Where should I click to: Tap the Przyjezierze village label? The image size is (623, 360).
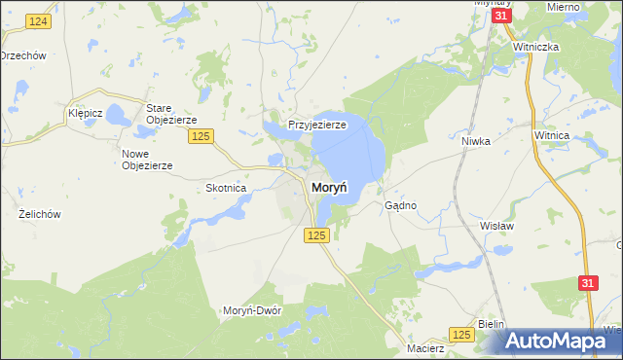coord(317,125)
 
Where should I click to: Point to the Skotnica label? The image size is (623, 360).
coord(226,188)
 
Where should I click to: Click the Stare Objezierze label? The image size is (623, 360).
coord(171,113)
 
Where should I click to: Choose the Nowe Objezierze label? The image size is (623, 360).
coord(147,160)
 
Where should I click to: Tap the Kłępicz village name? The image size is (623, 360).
coord(86,113)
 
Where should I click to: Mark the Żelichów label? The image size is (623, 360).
coord(40,213)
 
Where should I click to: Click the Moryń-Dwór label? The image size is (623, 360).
coord(252,310)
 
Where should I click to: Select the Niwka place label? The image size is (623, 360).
coord(475,140)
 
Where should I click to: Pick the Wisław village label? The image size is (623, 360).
coord(495,225)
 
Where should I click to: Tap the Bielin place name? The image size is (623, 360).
coord(494,322)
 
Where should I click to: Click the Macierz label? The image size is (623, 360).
coord(426,347)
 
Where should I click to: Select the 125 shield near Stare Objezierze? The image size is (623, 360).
coord(202,136)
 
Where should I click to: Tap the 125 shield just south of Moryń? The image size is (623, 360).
coord(315,235)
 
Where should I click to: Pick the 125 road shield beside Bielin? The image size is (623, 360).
coord(462,335)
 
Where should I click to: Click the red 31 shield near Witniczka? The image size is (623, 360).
coord(501,18)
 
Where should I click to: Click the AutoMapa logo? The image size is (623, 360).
coord(560,341)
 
